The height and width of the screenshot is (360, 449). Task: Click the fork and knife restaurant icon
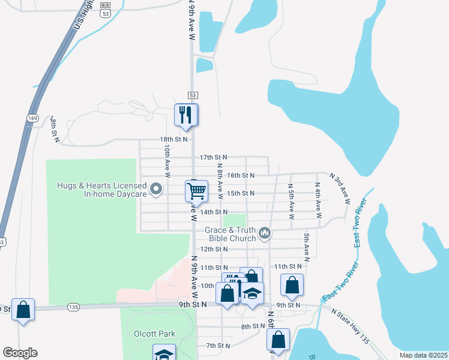coord(185,115)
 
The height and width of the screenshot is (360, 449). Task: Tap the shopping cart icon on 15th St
coord(196,192)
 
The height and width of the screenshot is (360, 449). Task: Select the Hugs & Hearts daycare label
coord(102,190)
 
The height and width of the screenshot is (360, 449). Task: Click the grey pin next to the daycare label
coord(157,190)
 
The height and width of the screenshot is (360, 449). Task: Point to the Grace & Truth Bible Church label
coord(231,234)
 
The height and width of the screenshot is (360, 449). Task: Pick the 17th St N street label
coord(214,157)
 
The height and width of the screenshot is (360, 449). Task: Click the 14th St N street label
coord(214,212)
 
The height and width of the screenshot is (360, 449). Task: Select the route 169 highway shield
coord(32,118)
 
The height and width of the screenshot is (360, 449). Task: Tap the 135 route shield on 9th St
coord(73,307)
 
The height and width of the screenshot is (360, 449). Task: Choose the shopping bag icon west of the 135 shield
coord(23,310)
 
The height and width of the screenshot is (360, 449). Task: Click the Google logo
coord(20,353)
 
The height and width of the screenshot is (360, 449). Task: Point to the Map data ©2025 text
coord(423,355)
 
